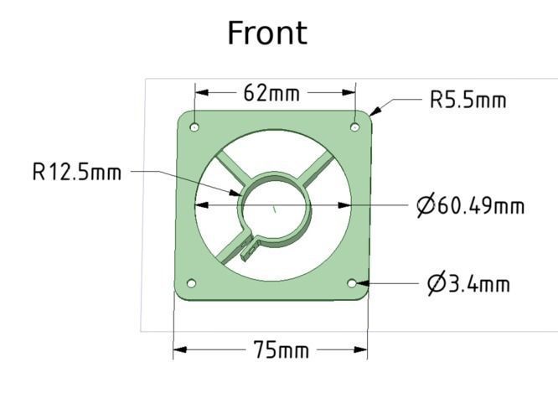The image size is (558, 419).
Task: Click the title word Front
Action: [267, 34]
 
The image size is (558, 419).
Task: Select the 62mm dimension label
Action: [271, 93]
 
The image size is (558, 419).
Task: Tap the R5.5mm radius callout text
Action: [468, 101]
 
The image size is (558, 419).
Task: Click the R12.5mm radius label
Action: [77, 173]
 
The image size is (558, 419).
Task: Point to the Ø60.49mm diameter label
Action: [471, 205]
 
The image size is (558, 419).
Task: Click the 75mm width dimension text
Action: [281, 350]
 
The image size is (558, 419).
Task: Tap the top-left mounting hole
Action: [194, 127]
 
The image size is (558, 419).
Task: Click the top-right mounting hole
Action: [354, 127]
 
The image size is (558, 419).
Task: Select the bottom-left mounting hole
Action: [191, 283]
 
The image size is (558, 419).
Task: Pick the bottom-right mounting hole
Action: [352, 283]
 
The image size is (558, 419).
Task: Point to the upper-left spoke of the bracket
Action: [229, 166]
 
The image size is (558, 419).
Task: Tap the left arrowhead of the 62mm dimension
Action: [201, 93]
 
